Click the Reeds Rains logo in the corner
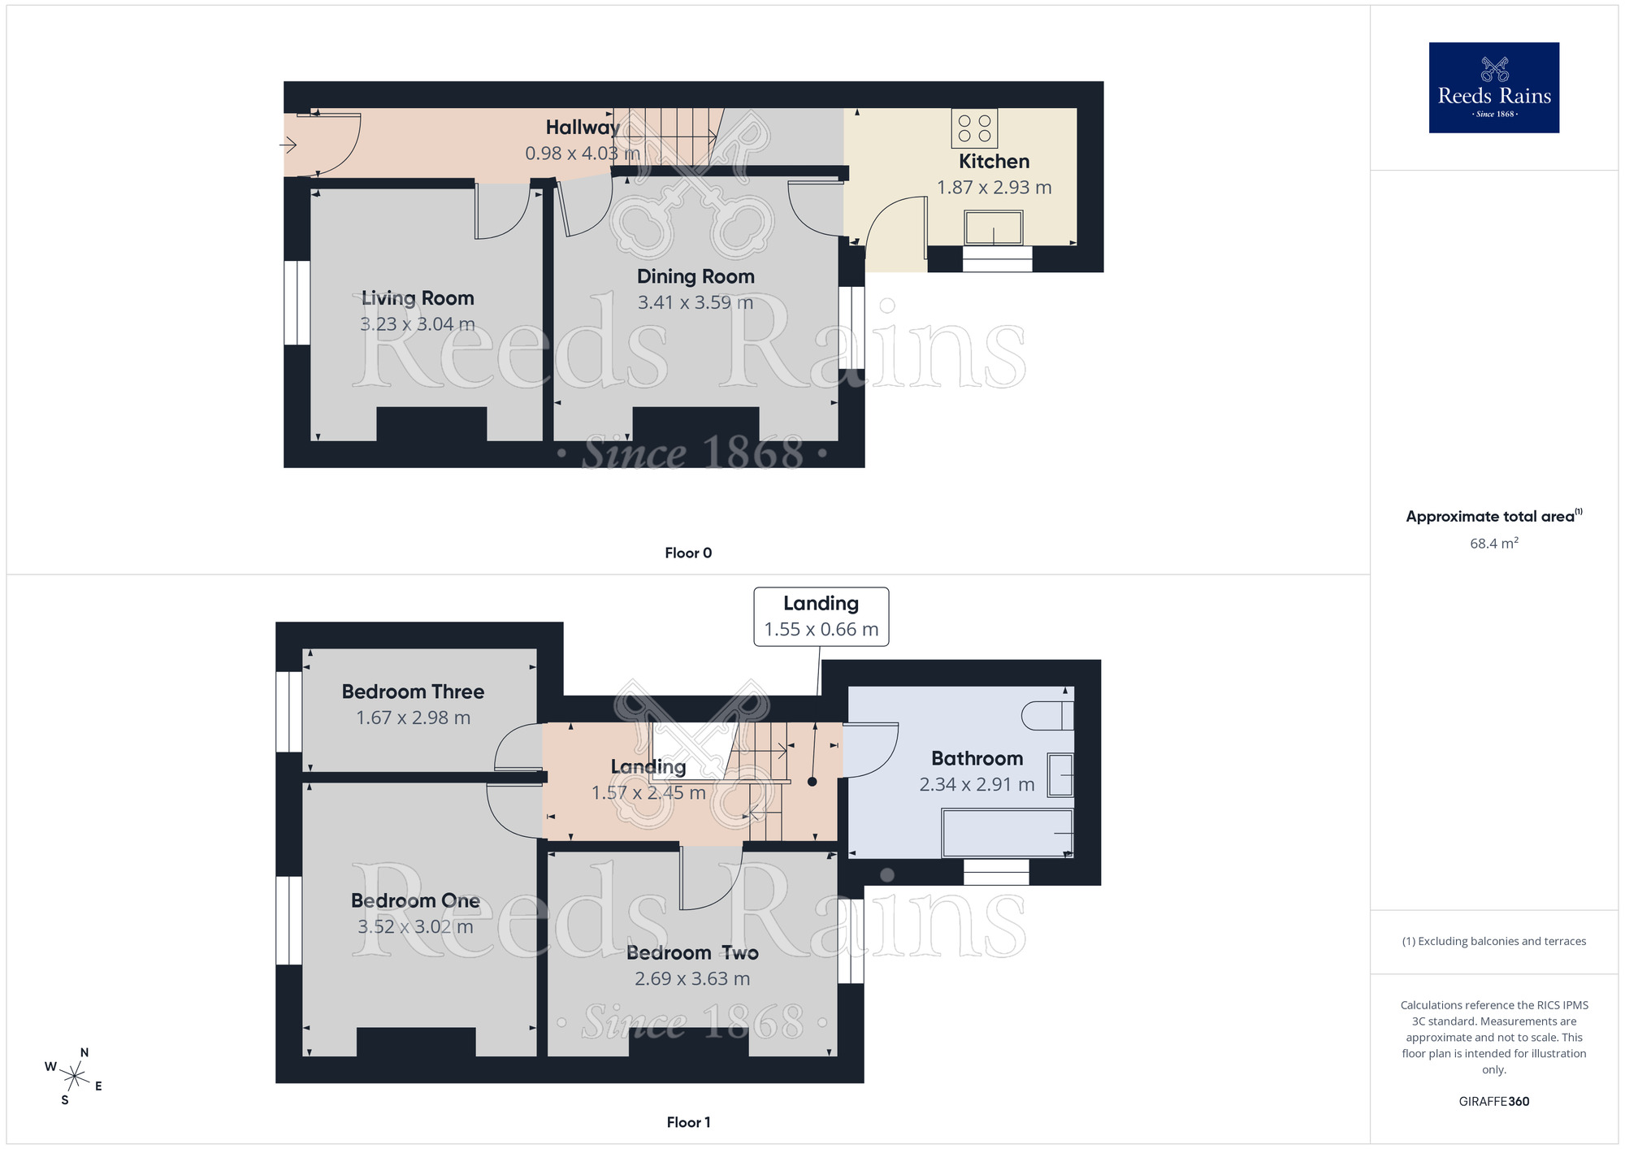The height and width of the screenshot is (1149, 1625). coord(1493,88)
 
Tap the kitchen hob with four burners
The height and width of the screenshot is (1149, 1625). coord(974,128)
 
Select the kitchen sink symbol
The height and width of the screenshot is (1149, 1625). coord(993,228)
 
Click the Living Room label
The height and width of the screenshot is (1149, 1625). coord(418,298)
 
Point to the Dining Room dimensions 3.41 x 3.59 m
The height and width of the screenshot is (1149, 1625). coord(695,303)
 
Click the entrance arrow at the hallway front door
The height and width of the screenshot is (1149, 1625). coord(288,145)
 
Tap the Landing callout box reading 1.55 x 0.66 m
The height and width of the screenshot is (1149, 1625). coord(821,617)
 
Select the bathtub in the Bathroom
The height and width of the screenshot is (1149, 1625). coord(1007,833)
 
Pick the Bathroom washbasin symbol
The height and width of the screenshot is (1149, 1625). coord(1060,775)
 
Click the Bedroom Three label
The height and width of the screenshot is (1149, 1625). coord(413,692)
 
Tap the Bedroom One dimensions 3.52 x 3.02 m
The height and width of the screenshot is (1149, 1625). coord(415,927)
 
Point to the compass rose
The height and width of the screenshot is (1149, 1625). coord(74,1077)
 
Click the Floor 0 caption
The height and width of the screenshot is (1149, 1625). coord(688,553)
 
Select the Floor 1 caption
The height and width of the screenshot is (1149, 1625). coord(688,1122)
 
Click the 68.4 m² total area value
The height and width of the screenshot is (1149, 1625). coord(1493,544)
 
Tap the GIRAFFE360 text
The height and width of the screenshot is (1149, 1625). coord(1493,1102)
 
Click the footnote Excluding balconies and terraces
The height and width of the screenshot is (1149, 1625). coord(1493,942)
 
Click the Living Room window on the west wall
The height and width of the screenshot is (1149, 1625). coord(297,302)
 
